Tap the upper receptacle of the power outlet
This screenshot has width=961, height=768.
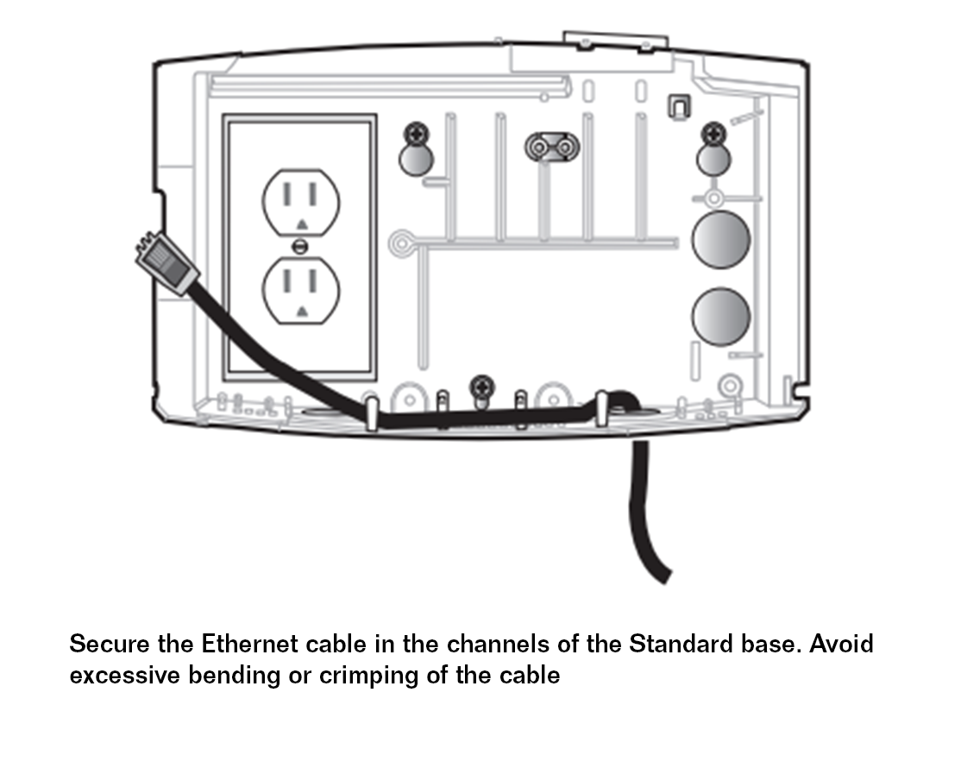point(300,202)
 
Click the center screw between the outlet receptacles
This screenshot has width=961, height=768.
point(300,247)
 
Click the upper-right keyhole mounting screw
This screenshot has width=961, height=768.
point(713,134)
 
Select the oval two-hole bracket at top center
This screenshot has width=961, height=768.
point(551,148)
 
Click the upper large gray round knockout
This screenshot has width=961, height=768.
point(721,239)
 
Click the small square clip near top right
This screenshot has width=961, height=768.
point(679,105)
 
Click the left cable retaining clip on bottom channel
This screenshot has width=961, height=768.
point(371,412)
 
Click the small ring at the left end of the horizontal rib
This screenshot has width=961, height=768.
point(400,242)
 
